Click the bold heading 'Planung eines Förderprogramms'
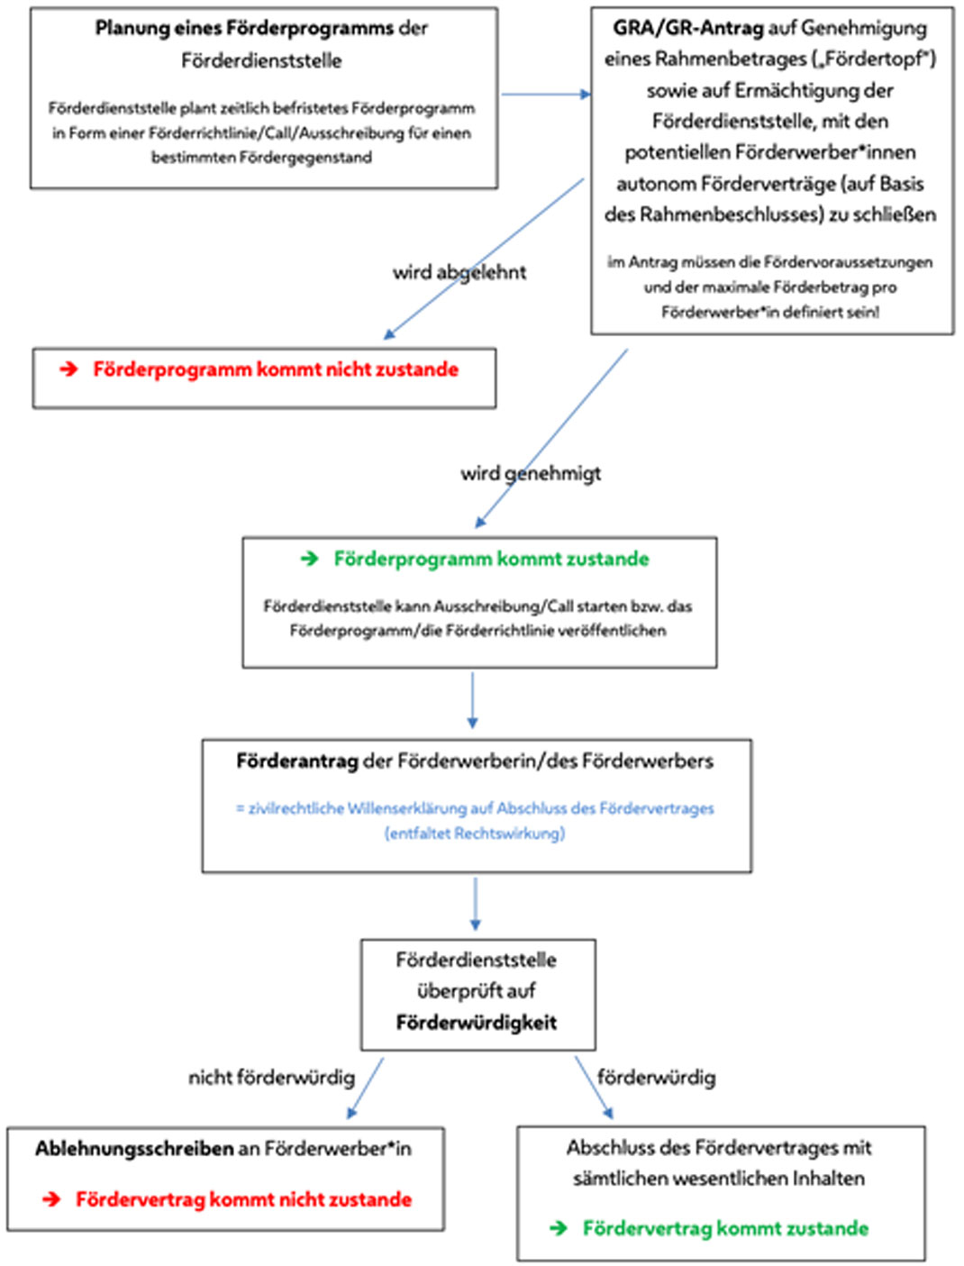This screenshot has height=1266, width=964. click(244, 28)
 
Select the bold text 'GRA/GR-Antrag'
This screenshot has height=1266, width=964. click(687, 28)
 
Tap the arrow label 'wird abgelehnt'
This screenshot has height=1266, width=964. click(459, 272)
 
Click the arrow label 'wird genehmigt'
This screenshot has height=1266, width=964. click(530, 473)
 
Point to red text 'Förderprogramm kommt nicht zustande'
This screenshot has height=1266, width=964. click(276, 369)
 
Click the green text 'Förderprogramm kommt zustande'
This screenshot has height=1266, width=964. click(491, 559)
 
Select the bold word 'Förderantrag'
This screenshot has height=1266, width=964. click(296, 761)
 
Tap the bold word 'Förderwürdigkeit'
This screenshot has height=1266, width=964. click(477, 1023)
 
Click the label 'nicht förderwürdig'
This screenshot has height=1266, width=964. click(271, 1078)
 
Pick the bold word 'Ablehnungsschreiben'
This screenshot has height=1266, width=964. click(134, 1149)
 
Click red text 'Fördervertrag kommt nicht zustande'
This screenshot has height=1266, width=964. click(243, 1199)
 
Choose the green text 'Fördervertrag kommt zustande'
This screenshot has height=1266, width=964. click(725, 1228)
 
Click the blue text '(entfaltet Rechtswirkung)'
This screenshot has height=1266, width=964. click(475, 833)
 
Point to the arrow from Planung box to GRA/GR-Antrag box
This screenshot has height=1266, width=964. click(544, 94)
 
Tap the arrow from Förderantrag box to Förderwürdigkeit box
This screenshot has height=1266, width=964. click(475, 904)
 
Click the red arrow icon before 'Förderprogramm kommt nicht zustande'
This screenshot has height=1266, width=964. click(68, 369)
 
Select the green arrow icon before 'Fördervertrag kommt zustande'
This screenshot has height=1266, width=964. click(559, 1228)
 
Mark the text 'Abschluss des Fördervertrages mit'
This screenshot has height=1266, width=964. click(718, 1148)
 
